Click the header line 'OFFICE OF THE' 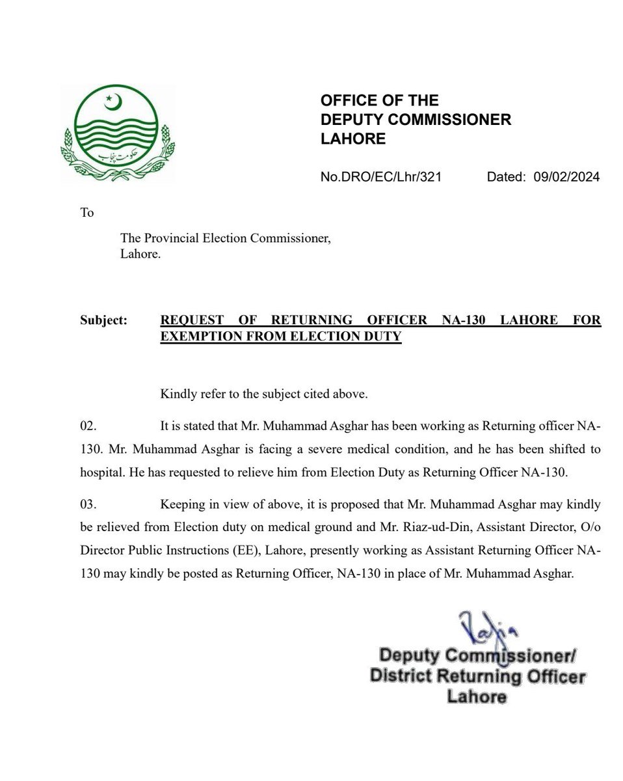[x=379, y=100]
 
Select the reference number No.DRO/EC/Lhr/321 [x=381, y=177]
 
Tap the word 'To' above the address [x=86, y=212]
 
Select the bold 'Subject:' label [x=104, y=320]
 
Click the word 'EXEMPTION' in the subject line [x=199, y=337]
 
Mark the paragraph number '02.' [x=88, y=426]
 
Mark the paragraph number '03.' [x=88, y=505]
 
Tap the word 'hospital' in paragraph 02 [x=99, y=473]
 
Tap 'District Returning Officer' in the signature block [x=478, y=676]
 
